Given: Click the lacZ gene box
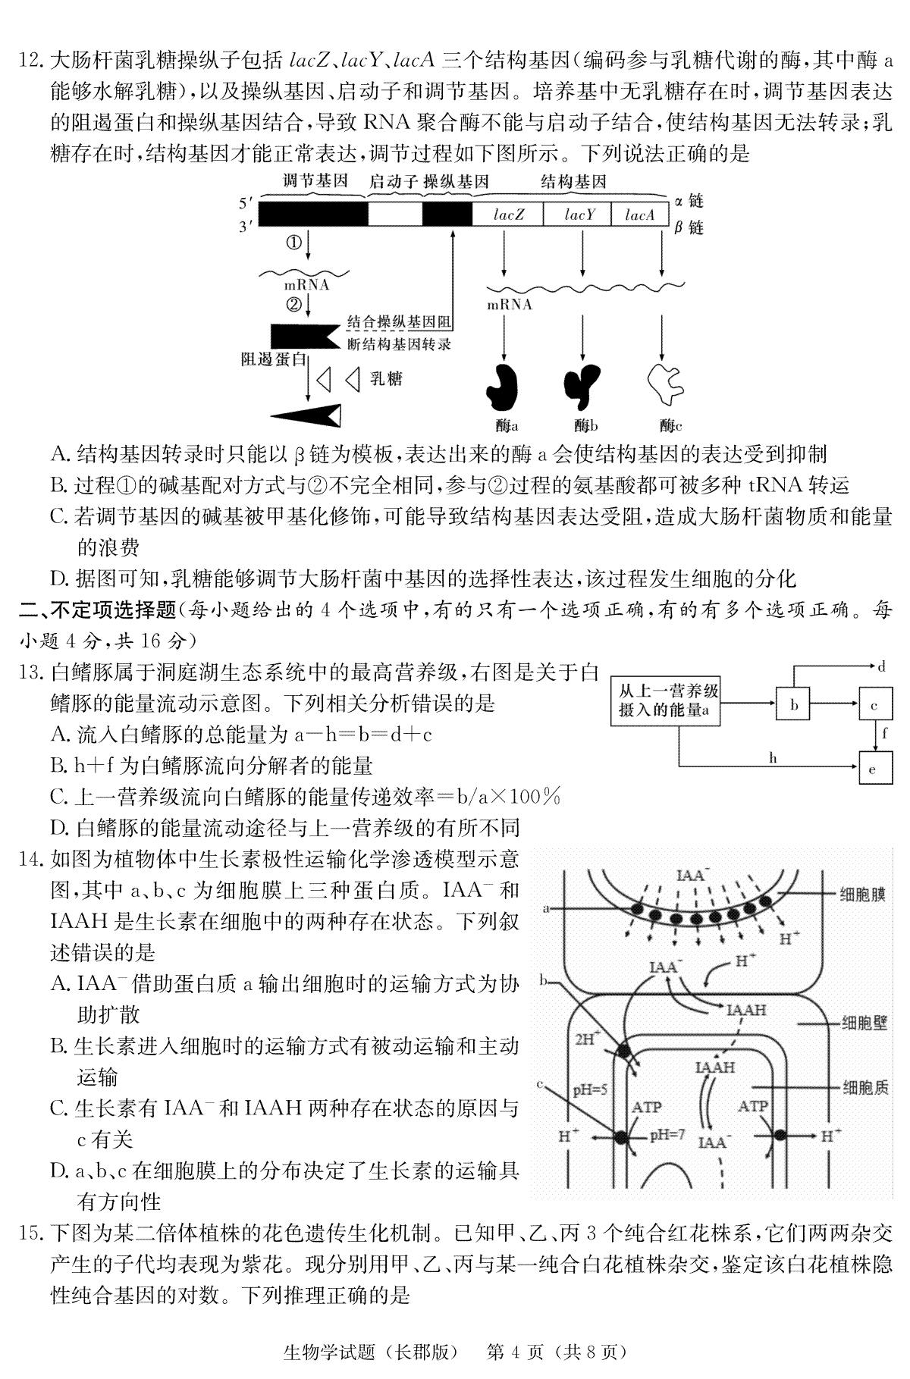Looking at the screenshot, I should point(508,215).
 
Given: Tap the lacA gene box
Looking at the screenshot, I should point(639,215).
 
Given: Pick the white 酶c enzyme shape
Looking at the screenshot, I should point(664,385).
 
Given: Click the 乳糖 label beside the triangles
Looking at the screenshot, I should point(386,378).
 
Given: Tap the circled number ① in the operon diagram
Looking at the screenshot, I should point(293,243).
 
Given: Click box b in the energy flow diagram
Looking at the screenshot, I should point(794,705).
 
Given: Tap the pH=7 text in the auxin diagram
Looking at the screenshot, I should point(667,1136).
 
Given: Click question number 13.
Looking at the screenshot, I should point(32,672).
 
